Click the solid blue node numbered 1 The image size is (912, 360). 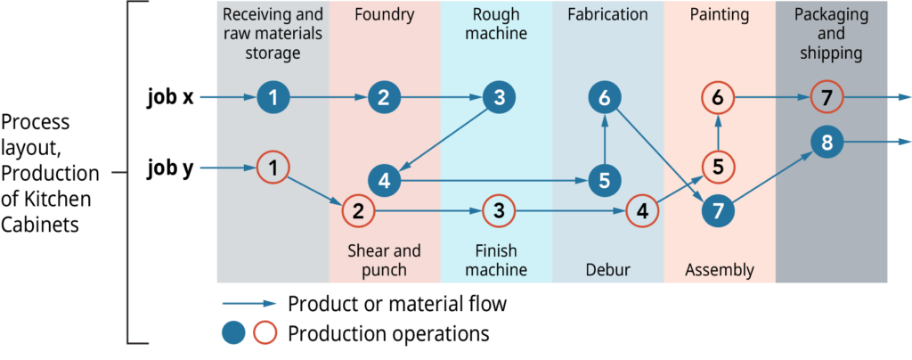pos(273,98)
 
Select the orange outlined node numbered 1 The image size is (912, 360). pos(273,167)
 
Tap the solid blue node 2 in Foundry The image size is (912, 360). pos(383,98)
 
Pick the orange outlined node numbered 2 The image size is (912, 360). pos(358,211)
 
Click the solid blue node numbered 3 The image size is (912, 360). pos(499,98)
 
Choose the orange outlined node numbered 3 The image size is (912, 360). pos(499,211)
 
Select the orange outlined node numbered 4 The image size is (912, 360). pos(641,211)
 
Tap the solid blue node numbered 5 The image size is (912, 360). pos(605,181)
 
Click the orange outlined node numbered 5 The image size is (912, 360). pos(718,167)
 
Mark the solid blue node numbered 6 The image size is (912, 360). pos(605,98)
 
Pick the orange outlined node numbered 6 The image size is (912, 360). pos(718,98)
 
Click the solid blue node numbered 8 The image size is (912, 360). pos(827,141)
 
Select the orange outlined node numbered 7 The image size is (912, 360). pos(827,98)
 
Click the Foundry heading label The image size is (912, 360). pos(383,15)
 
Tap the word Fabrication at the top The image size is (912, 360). pos(607,15)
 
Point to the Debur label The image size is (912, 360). pos(607,269)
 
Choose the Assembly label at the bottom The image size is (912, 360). pos(720,269)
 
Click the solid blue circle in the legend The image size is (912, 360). pos(233,333)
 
